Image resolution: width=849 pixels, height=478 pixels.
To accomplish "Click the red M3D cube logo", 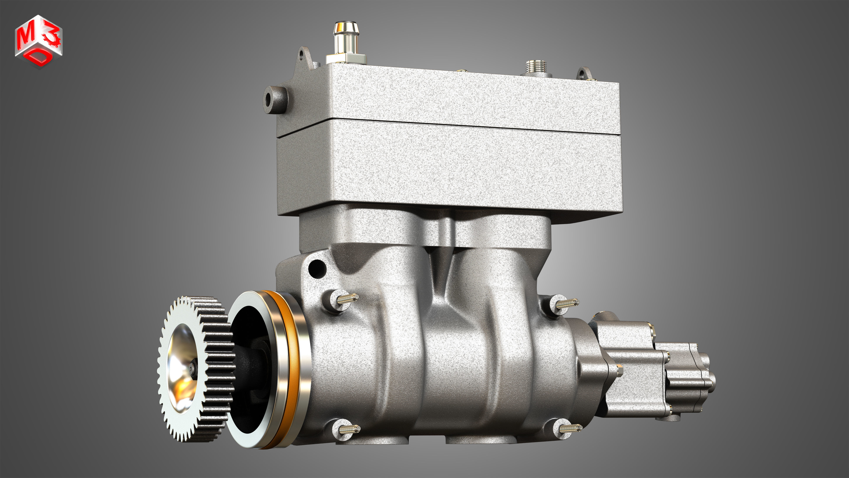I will pyautogui.click(x=38, y=41).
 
